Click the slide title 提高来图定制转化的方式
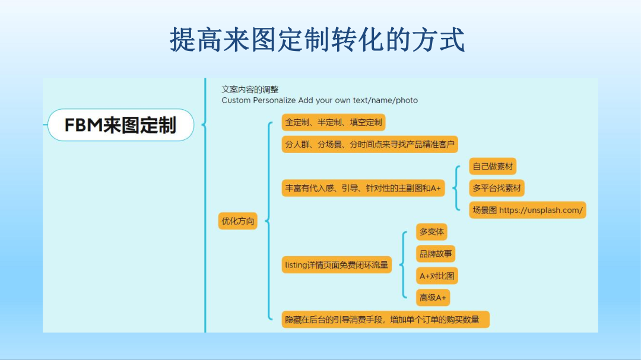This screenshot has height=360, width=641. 317,39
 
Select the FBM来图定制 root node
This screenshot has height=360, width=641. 120,125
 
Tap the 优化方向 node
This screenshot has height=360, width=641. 238,221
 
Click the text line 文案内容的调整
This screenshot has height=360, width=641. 250,89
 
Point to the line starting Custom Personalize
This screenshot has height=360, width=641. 319,100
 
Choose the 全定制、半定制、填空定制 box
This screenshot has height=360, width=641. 334,123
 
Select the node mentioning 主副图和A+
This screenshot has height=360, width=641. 363,188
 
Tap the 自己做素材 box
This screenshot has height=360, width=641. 492,167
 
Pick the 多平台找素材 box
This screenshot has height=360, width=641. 497,188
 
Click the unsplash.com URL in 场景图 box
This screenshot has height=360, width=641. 541,210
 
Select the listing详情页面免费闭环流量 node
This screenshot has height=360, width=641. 337,265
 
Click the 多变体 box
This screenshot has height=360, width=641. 431,232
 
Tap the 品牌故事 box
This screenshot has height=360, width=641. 436,254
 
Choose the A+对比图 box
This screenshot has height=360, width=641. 437,276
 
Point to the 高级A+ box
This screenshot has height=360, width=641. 433,298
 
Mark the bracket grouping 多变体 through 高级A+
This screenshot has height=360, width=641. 404,265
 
